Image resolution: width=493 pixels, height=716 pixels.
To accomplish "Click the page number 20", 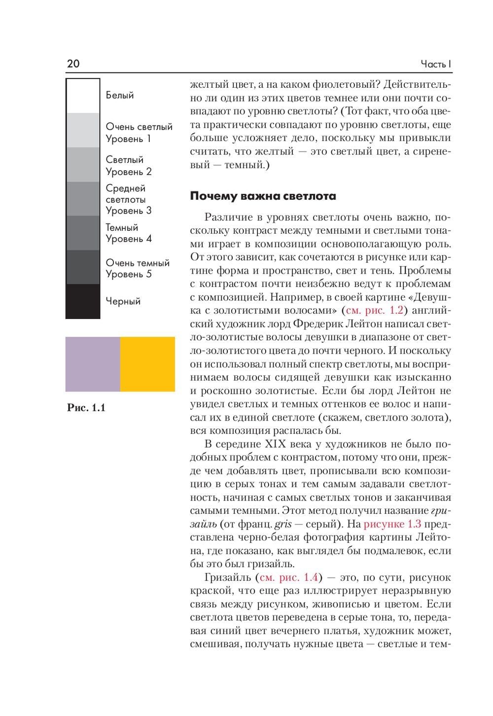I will (x=73, y=64).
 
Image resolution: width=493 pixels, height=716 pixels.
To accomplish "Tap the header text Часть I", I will (x=436, y=64).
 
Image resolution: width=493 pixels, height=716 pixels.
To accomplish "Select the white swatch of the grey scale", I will (x=83, y=96).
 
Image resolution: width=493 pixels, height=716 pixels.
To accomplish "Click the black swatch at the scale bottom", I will (x=83, y=301).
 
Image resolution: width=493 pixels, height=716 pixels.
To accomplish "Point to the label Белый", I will (x=120, y=95).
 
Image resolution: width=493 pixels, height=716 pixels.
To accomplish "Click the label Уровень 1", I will (x=128, y=139).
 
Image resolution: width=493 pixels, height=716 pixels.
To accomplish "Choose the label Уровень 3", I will (x=129, y=211).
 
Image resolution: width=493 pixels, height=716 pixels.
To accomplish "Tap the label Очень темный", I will (x=138, y=263).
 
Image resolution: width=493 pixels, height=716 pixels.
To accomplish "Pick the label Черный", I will (x=123, y=301).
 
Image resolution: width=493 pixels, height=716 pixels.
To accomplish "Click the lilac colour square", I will (x=93, y=364).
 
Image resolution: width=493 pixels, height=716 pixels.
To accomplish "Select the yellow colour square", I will (x=147, y=364).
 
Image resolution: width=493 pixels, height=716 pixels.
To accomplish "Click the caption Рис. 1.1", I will (x=86, y=408).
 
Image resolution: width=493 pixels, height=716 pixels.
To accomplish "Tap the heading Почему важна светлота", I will (x=263, y=196).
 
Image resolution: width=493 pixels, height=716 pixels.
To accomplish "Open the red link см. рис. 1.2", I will (x=375, y=310).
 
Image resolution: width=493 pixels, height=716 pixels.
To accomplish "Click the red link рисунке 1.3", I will (x=392, y=524).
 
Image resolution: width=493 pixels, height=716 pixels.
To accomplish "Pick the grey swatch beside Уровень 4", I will (x=83, y=233).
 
